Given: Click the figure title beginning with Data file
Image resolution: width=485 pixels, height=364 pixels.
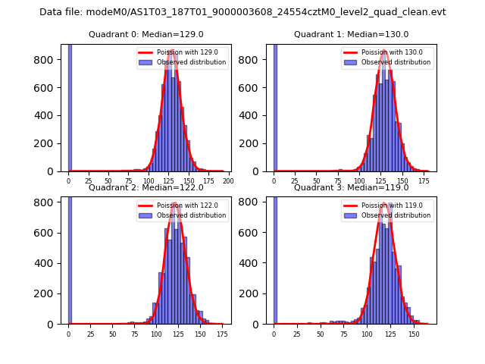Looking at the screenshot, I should point(242,12).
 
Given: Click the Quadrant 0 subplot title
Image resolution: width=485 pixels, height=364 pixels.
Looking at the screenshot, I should point(145,34).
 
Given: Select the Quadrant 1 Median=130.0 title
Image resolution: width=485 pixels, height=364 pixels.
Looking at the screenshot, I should point(351,34).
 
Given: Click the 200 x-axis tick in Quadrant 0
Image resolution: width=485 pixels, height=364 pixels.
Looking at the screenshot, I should point(227,181).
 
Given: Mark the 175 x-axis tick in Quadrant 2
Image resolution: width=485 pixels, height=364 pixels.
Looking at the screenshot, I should point(222,334).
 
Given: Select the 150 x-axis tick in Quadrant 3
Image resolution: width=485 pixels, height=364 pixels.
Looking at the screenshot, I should point(414,334).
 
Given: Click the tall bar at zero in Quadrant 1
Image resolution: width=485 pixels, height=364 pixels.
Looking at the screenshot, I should point(275,106).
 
